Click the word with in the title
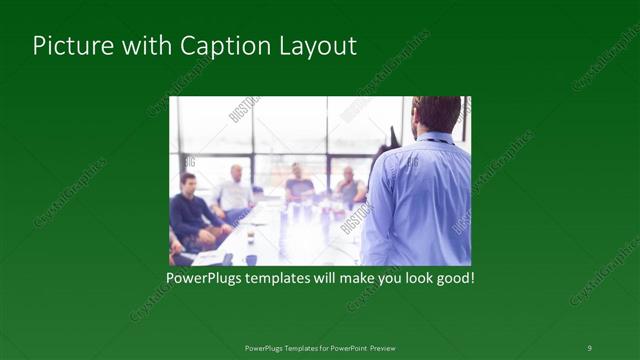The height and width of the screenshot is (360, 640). coord(142,46)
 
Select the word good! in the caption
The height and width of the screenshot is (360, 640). coord(453,277)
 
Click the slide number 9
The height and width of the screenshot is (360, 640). coord(589,347)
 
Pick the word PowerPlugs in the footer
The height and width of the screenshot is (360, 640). coord(265,348)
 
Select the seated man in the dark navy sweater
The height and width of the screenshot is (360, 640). coord(190,212)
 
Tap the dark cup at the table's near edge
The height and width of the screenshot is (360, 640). coord(250,259)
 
